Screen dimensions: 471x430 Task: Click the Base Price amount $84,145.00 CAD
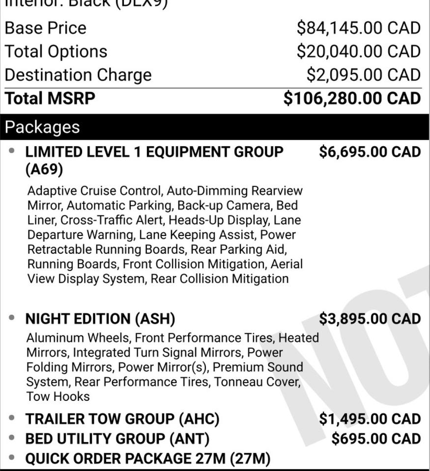click(358, 28)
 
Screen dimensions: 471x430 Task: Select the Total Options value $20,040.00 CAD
click(358, 52)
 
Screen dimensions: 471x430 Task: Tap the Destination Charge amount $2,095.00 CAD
click(363, 75)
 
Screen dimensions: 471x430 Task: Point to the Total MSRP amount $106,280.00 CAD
click(352, 98)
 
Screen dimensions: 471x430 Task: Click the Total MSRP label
click(50, 98)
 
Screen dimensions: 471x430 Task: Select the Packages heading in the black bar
click(42, 127)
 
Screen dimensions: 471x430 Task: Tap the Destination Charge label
click(78, 75)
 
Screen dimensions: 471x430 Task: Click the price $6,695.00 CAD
click(370, 152)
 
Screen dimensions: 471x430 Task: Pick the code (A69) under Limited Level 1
click(44, 170)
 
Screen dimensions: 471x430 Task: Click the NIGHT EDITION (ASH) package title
click(100, 319)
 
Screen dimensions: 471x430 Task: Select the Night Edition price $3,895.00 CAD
click(370, 319)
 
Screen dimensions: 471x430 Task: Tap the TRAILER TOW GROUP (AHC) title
click(122, 419)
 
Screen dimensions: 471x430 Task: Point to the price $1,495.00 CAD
click(370, 419)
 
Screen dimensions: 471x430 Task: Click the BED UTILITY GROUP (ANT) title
click(117, 439)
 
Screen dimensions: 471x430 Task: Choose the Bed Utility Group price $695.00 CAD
click(376, 439)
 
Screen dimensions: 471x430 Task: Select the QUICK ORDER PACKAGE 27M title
click(148, 459)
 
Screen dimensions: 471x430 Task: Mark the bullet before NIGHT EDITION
click(12, 318)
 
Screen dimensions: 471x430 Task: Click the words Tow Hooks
click(58, 396)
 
